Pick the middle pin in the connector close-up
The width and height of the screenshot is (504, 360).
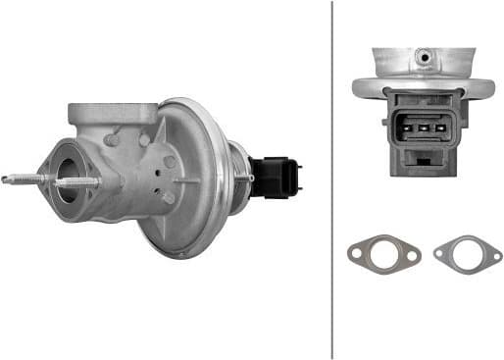423,127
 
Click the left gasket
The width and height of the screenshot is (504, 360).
383,254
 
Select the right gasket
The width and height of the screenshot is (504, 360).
467,253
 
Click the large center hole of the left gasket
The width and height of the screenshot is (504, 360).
383,254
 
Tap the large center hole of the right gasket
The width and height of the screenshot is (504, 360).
467,253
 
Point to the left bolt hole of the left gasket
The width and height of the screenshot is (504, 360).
356,253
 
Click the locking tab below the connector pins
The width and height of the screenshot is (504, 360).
423,158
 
